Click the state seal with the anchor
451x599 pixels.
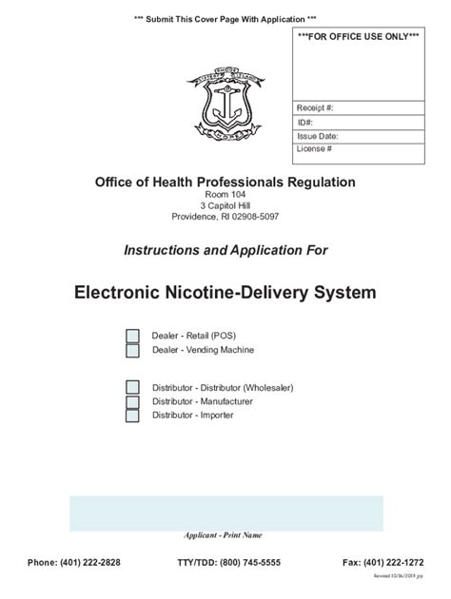point(225,106)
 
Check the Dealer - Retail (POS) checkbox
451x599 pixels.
point(133,337)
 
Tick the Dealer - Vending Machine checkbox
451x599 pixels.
point(133,351)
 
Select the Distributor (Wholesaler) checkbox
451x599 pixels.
point(133,387)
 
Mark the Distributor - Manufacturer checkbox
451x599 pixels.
point(133,401)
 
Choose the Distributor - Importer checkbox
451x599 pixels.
point(133,415)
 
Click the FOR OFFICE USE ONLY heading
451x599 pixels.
point(358,36)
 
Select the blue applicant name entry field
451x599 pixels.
point(225,513)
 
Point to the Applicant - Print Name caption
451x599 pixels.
point(223,535)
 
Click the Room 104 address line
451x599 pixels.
point(225,194)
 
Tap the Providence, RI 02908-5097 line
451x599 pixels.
point(225,217)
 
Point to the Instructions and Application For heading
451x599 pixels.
point(225,250)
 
